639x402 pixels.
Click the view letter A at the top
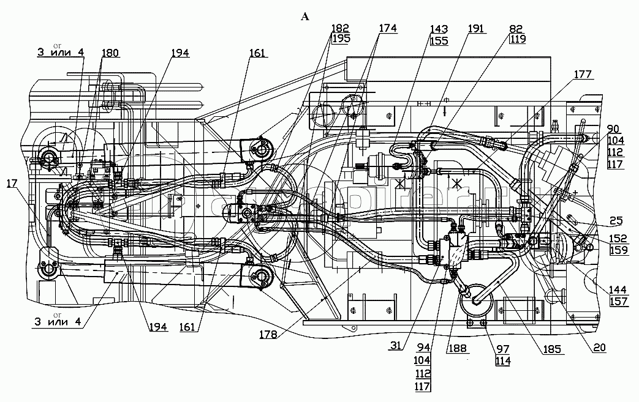pyautogui.click(x=305, y=17)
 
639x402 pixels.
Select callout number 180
pyautogui.click(x=111, y=53)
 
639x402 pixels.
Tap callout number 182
pyautogui.click(x=340, y=28)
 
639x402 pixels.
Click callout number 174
pyautogui.click(x=387, y=28)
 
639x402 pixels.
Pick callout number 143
pyautogui.click(x=439, y=29)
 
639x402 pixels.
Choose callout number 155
pyautogui.click(x=439, y=41)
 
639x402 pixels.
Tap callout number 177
pyautogui.click(x=583, y=75)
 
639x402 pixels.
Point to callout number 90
pyautogui.click(x=613, y=129)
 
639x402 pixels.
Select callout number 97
pyautogui.click(x=504, y=349)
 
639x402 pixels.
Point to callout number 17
pyautogui.click(x=13, y=182)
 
